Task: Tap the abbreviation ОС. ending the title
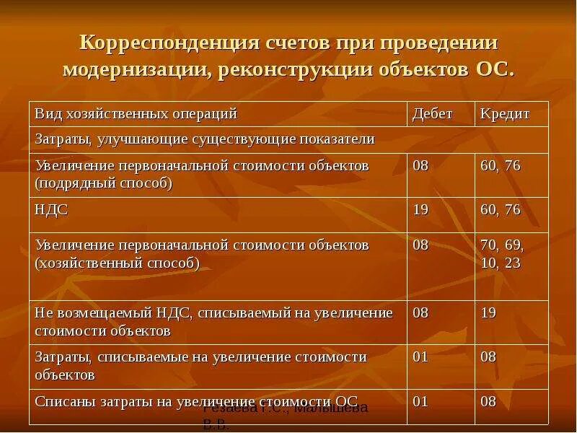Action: click(495, 70)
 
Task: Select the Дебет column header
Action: click(432, 114)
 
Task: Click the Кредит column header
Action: click(505, 114)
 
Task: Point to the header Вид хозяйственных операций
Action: click(136, 114)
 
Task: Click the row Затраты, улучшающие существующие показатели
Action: click(205, 139)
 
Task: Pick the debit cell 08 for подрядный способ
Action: click(420, 166)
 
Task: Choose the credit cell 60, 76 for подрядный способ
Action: click(500, 166)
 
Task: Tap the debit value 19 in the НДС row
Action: click(420, 209)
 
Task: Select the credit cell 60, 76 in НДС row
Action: click(500, 209)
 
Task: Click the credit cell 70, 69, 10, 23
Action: click(501, 254)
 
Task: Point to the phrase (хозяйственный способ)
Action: click(117, 263)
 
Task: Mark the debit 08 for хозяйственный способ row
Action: click(420, 245)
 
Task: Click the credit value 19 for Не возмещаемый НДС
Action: click(488, 313)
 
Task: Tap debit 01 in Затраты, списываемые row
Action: click(420, 357)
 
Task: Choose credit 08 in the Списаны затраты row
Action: click(488, 401)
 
